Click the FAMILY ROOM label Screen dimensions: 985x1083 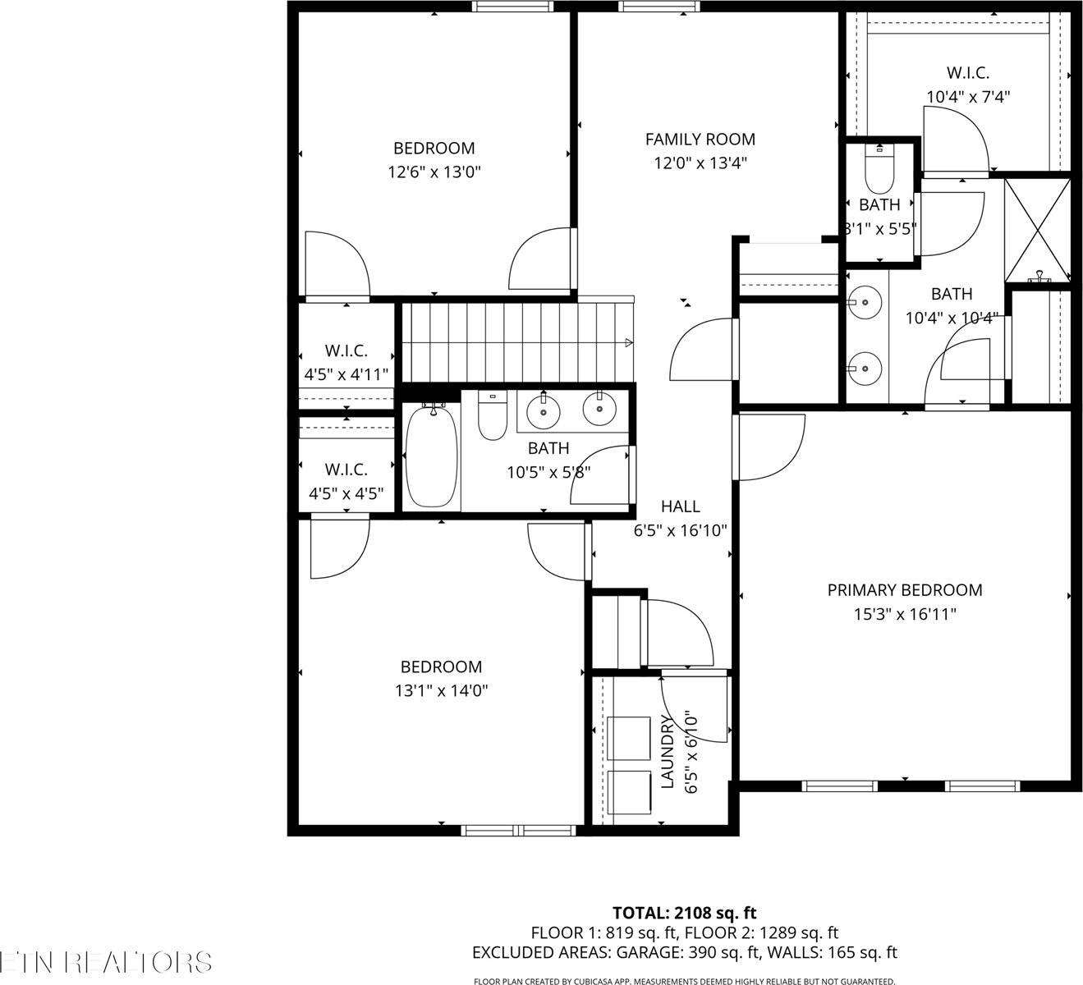pos(700,140)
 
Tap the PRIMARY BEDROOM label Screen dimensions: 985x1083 pos(904,590)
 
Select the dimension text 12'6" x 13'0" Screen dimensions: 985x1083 pos(434,172)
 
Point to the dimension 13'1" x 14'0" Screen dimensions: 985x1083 pos(441,691)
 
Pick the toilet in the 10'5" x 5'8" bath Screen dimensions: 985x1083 pos(492,418)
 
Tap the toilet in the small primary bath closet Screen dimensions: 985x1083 pos(879,170)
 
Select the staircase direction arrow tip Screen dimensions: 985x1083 pos(628,342)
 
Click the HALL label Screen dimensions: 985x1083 pos(680,506)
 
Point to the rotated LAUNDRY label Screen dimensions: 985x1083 pos(668,751)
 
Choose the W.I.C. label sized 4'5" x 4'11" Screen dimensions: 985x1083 pos(346,351)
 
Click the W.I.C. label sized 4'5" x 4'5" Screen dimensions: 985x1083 pos(346,470)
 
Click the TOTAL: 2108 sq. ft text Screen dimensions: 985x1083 pos(684,912)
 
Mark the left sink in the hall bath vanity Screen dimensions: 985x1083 pos(542,410)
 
